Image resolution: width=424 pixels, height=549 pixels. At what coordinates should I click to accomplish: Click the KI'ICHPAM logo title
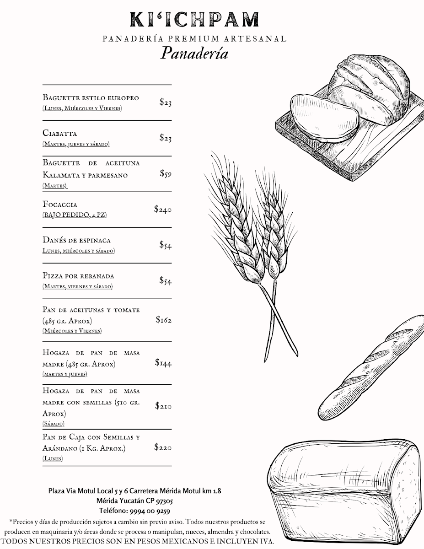194,20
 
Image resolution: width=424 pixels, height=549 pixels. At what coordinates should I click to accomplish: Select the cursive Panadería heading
194,53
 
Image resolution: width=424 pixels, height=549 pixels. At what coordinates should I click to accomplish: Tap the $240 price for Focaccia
163,209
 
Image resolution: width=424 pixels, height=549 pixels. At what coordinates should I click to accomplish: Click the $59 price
166,173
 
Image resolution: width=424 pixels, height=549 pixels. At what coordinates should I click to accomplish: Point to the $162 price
164,320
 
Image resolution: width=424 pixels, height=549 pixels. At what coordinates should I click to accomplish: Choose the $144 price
163,363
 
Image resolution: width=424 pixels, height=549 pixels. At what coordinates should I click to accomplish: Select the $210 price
163,405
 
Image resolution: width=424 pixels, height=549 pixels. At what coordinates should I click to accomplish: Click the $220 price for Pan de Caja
163,447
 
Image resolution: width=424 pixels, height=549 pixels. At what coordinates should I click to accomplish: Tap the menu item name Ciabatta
59,133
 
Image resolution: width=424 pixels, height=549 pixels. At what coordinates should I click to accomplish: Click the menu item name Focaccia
60,204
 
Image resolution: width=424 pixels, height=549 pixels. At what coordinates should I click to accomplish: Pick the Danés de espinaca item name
76,240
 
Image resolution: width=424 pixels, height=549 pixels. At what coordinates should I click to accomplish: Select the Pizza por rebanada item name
78,275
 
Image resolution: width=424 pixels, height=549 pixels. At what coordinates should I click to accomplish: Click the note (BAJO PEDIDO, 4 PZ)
75,215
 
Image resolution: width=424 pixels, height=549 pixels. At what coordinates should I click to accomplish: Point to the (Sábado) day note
53,424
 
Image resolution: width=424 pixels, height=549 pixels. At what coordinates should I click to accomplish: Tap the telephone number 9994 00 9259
150,511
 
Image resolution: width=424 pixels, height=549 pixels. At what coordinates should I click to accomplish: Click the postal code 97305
164,501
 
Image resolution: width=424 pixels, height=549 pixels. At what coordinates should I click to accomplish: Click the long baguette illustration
371,367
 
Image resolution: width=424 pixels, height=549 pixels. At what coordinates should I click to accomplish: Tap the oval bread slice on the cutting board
324,117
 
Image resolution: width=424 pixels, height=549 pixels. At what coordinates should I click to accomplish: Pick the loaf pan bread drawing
345,491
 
